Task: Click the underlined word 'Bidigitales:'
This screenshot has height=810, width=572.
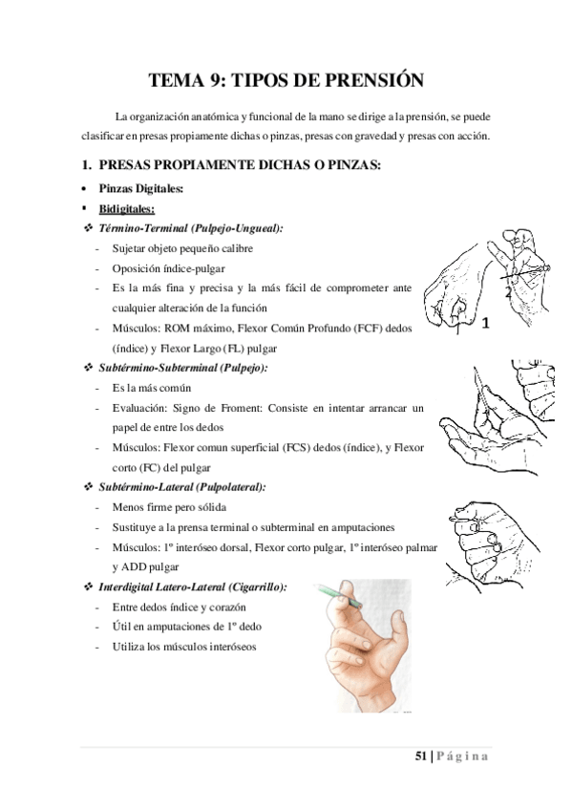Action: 127,208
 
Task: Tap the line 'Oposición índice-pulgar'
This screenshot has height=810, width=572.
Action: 168,268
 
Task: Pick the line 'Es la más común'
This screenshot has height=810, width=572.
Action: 151,388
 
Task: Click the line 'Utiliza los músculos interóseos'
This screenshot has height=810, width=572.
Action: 183,647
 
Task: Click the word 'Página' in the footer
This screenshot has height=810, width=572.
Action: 464,757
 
